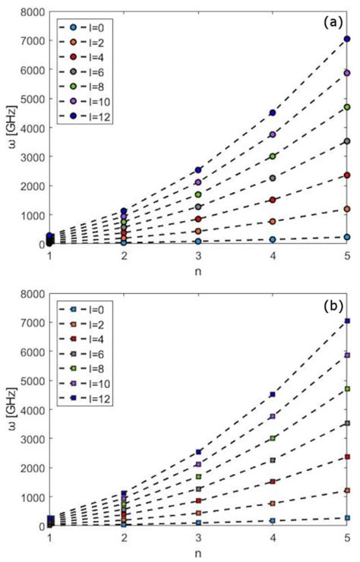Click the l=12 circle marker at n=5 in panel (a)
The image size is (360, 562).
tap(347, 39)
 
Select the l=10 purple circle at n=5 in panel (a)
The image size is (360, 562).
tap(347, 73)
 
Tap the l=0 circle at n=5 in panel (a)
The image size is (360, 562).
tap(347, 237)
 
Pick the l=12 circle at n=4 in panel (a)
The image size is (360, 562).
tap(273, 112)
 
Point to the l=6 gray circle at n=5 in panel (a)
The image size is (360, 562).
tap(347, 141)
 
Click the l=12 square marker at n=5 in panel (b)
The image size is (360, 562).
tap(347, 320)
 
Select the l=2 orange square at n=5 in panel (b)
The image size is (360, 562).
tap(347, 491)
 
